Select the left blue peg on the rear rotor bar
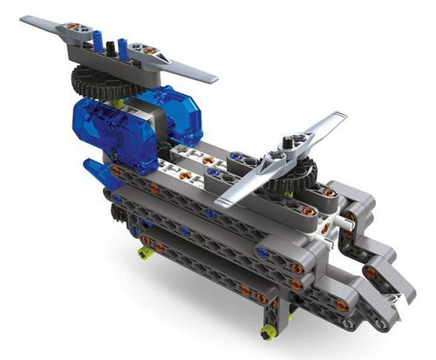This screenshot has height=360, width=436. (x=98, y=40)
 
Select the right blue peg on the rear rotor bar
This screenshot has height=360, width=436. (x=123, y=47)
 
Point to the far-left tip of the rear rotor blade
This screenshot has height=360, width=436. (x=24, y=20)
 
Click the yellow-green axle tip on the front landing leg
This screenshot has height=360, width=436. (x=266, y=331)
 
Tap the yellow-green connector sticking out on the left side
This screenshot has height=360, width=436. (x=144, y=253)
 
